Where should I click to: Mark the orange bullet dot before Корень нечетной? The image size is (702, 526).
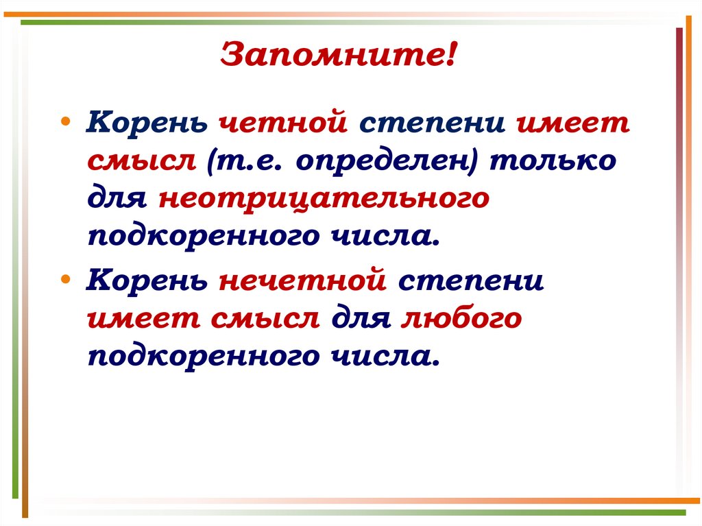[65, 276]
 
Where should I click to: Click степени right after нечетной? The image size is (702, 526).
[470, 281]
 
